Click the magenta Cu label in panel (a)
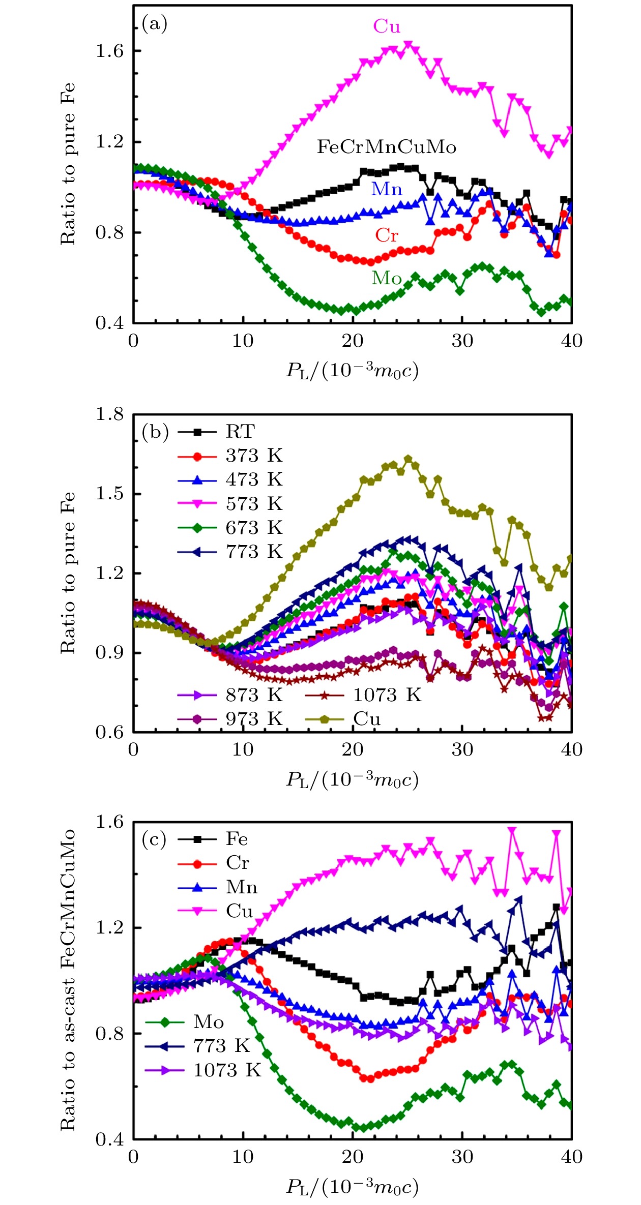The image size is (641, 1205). point(387,26)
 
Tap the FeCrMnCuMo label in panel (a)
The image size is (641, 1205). point(387,147)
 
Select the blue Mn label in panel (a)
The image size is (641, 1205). point(387,189)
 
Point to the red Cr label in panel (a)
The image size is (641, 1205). point(387,235)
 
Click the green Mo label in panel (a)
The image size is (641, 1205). point(387,278)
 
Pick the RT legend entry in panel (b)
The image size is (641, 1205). point(240,432)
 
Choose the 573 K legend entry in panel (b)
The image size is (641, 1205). point(254,504)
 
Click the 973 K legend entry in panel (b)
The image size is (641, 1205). point(254,719)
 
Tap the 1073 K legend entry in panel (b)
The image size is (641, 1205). point(387,695)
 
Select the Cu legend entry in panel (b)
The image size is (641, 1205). point(367,719)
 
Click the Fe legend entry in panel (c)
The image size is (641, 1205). point(237,839)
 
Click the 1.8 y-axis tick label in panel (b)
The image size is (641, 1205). point(109,414)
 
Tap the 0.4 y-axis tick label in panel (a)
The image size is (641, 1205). point(109,323)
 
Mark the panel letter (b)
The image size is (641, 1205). point(155,432)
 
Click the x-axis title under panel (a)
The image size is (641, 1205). point(352,370)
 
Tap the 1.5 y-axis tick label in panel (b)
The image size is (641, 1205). point(109,494)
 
